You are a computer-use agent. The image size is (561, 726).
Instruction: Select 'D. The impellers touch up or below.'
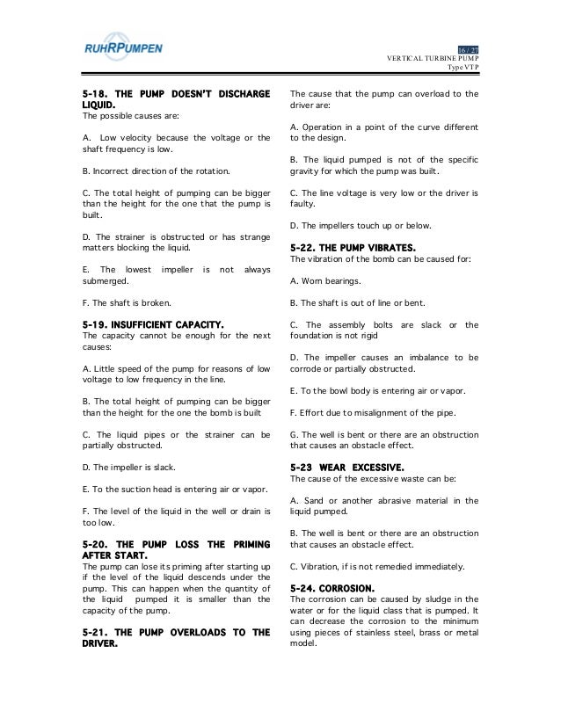click(x=364, y=228)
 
